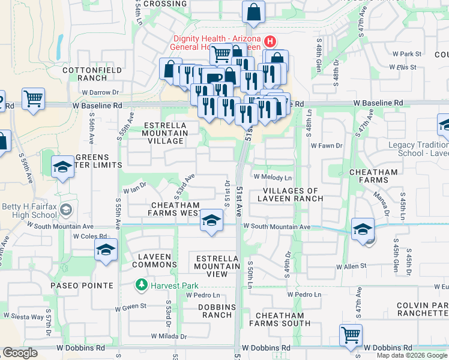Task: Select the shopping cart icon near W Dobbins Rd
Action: (x=351, y=335)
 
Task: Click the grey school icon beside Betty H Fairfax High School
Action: (x=65, y=210)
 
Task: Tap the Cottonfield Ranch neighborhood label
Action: (x=92, y=74)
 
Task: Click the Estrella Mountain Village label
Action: (x=166, y=133)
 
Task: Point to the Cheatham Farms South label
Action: (x=284, y=319)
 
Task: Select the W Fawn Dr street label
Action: (x=326, y=145)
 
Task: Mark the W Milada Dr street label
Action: (x=169, y=337)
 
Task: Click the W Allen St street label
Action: (x=351, y=266)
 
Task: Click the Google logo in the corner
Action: (x=20, y=353)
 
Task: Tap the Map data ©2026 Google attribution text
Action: (x=412, y=355)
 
